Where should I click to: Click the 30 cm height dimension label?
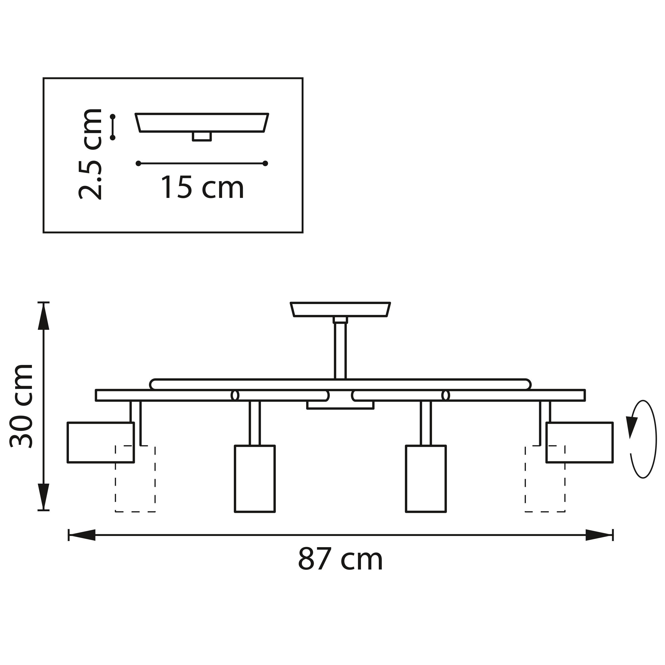click(21, 406)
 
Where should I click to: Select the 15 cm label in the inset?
click(202, 188)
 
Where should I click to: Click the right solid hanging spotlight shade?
click(426, 479)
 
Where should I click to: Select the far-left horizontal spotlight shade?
click(101, 442)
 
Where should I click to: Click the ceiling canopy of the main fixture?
click(340, 309)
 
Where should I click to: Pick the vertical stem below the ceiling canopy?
click(340, 351)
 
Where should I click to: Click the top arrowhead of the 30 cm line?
click(43, 317)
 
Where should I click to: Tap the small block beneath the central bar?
click(340, 405)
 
